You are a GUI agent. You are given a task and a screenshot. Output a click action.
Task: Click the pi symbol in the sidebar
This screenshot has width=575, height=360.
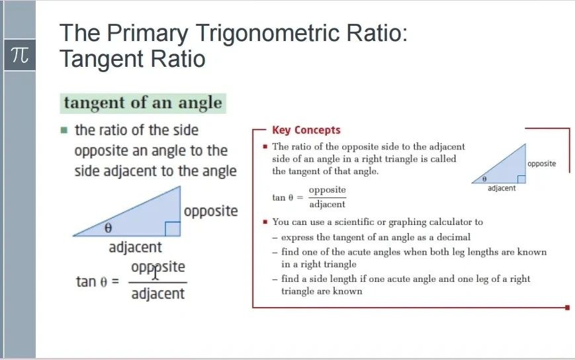click(x=20, y=55)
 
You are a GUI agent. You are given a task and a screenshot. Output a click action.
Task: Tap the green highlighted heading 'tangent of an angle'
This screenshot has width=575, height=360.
click(x=143, y=103)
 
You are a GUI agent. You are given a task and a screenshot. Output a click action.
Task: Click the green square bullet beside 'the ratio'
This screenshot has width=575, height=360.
click(x=64, y=130)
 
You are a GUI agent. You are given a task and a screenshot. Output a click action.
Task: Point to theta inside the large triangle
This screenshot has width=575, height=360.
click(x=108, y=228)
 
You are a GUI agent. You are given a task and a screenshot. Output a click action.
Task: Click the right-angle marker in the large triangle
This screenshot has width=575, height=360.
click(x=173, y=229)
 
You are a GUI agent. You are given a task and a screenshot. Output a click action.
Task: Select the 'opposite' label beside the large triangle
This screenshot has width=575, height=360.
click(x=211, y=212)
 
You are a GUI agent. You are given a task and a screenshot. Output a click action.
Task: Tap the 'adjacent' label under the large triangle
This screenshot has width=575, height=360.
click(x=135, y=247)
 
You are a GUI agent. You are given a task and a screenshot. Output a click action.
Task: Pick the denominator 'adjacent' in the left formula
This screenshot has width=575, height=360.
click(x=158, y=294)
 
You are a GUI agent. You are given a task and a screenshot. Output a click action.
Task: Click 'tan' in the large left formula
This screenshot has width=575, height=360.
click(x=86, y=281)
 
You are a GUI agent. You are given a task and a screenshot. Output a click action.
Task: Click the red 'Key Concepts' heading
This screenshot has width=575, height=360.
click(x=306, y=130)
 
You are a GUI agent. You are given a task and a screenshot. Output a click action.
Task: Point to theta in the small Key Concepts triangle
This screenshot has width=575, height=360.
click(x=484, y=179)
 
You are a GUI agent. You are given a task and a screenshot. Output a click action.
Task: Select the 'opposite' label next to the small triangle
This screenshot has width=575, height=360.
click(x=542, y=164)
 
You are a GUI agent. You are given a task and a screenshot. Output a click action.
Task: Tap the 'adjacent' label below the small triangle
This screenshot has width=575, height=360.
click(x=502, y=188)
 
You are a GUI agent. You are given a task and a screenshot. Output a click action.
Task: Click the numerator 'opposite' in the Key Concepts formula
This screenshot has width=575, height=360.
click(x=327, y=190)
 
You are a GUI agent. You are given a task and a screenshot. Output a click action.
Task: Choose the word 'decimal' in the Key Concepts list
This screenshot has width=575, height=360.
click(x=454, y=237)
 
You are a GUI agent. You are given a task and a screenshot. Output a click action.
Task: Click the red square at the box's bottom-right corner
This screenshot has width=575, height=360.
click(x=567, y=308)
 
